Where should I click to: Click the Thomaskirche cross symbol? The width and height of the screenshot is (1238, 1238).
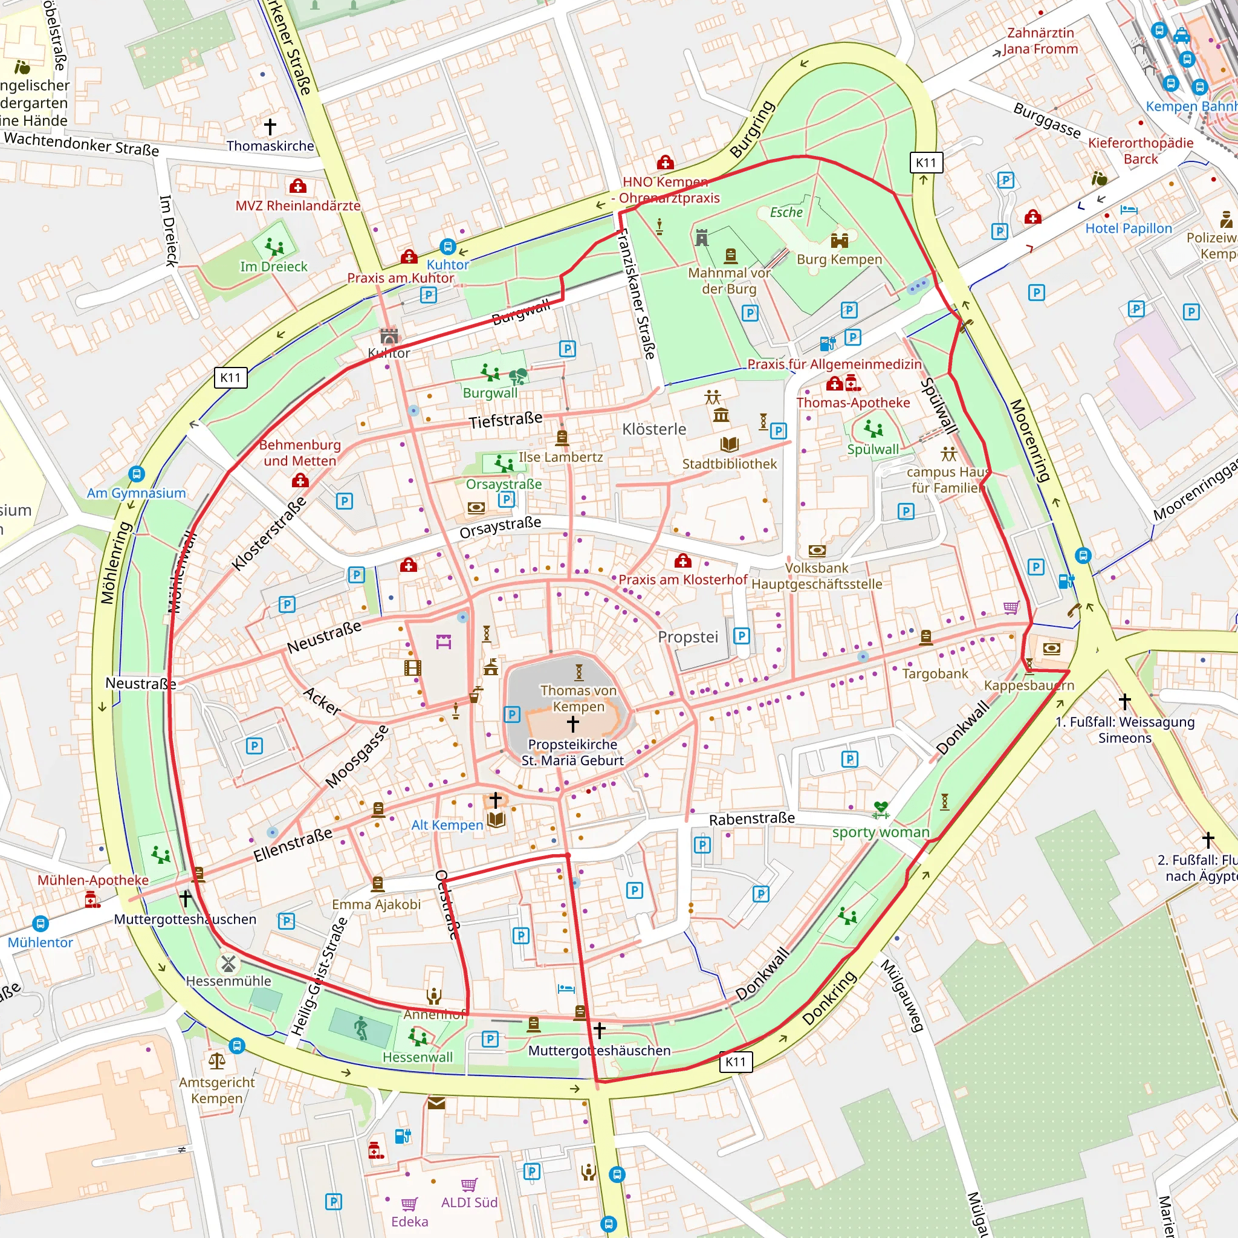pyautogui.click(x=270, y=126)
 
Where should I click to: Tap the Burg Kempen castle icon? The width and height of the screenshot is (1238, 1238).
pyautogui.click(x=840, y=241)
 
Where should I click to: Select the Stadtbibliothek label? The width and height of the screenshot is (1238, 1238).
pyautogui.click(x=729, y=464)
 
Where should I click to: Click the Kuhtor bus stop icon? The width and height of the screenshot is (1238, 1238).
pyautogui.click(x=447, y=246)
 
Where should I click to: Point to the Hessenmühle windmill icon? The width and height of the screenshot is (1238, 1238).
pyautogui.click(x=228, y=964)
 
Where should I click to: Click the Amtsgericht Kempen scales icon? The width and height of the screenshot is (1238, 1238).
pyautogui.click(x=217, y=1061)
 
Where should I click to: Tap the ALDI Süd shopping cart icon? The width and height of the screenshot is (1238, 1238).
pyautogui.click(x=469, y=1185)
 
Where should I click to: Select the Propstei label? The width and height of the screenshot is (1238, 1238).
pyautogui.click(x=687, y=637)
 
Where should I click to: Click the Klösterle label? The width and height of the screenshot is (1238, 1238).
pyautogui.click(x=653, y=429)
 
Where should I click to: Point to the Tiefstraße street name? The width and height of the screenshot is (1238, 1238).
pyautogui.click(x=505, y=420)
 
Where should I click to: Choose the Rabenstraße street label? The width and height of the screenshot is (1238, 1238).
pyautogui.click(x=751, y=819)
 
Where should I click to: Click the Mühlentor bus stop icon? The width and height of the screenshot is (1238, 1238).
pyautogui.click(x=41, y=924)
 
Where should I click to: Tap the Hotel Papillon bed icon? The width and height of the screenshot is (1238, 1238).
pyautogui.click(x=1129, y=210)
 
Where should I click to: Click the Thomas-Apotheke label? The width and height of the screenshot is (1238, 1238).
pyautogui.click(x=853, y=403)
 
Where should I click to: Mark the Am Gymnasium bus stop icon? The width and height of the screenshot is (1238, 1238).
pyautogui.click(x=137, y=474)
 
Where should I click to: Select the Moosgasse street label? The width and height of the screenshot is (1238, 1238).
pyautogui.click(x=356, y=757)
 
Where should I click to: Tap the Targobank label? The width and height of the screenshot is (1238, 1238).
pyautogui.click(x=935, y=673)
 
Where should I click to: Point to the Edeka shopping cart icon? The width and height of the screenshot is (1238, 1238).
pyautogui.click(x=409, y=1204)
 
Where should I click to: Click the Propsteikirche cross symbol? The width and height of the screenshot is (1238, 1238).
pyautogui.click(x=573, y=724)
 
